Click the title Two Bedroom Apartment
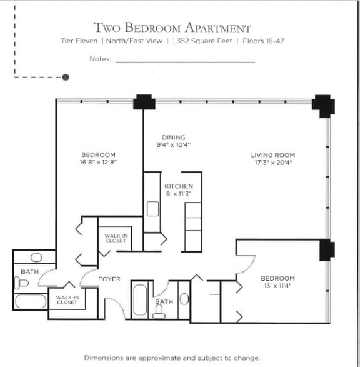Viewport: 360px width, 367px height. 172,28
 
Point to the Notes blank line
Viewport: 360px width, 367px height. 185,62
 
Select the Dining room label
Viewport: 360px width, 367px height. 174,138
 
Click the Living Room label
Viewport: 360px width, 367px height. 273,155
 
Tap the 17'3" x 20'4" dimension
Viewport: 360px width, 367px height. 273,163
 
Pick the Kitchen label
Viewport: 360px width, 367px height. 179,186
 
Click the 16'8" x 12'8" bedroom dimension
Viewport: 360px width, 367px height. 99,162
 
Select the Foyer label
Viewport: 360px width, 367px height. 109,279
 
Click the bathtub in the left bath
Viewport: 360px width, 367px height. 31,301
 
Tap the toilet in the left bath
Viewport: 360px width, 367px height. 22,283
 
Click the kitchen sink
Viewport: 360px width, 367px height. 152,208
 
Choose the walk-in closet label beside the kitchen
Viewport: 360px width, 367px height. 116,238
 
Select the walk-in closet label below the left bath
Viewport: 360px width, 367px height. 67,300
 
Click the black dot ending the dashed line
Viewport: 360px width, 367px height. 66,78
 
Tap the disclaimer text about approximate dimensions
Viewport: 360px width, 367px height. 172,358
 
